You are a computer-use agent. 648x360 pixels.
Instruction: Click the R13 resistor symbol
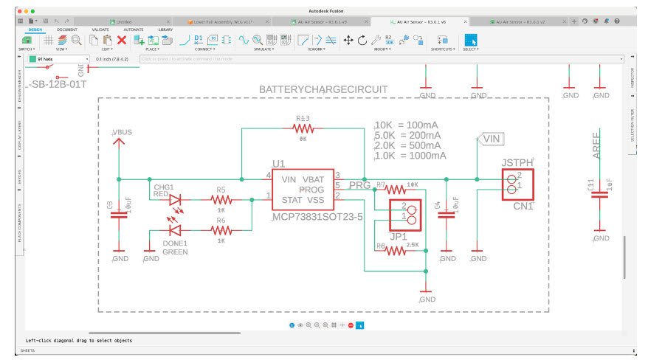[304, 128]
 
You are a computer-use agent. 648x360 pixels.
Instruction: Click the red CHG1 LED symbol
[176, 200]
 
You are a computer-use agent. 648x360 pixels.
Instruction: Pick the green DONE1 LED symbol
[176, 231]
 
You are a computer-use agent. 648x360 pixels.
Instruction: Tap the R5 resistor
[221, 200]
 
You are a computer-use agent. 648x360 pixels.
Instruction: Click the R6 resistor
[221, 231]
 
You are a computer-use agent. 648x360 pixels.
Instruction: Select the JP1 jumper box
[405, 215]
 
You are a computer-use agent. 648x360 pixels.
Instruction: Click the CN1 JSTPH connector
[517, 184]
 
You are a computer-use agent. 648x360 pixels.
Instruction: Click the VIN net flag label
[491, 138]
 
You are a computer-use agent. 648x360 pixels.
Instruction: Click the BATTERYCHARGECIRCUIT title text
[323, 89]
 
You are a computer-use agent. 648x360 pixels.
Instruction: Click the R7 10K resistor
[402, 189]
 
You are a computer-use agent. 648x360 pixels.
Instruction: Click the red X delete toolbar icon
[122, 40]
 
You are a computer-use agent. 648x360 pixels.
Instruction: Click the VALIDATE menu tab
[100, 30]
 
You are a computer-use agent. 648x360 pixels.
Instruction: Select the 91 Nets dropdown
[58, 58]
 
